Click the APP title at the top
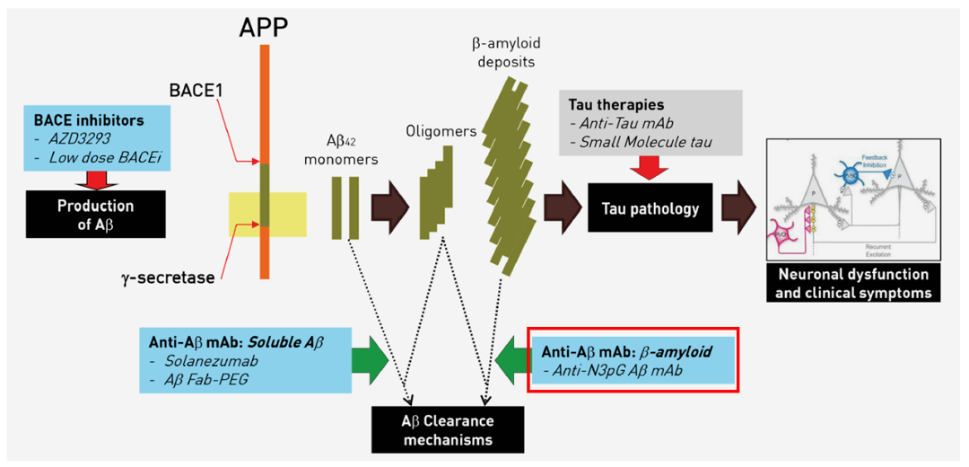pos(263,27)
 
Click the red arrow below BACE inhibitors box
pos(95,177)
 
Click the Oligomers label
pos(440,132)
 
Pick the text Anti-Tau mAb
pos(615,123)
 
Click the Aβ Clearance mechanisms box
pos(446,430)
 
